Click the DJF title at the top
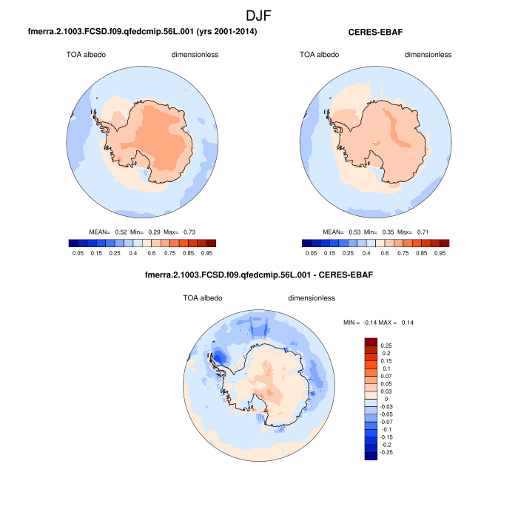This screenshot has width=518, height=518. (x=259, y=14)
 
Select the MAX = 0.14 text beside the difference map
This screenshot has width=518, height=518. (x=404, y=323)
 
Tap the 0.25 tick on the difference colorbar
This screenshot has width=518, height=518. (x=386, y=346)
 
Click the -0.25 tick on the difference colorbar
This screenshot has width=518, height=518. (x=386, y=451)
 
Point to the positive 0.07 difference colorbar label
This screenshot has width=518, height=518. (x=386, y=377)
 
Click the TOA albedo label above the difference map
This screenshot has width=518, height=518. (x=203, y=298)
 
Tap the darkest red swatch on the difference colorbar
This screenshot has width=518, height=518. (x=371, y=343)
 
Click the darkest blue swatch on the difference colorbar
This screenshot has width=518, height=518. (x=371, y=455)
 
